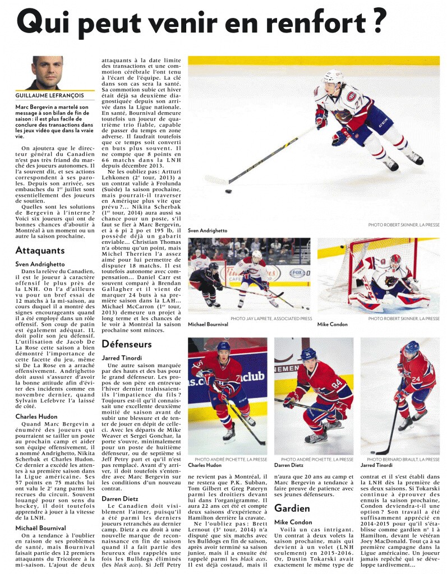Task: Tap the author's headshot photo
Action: click(47, 72)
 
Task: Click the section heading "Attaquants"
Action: click(40, 250)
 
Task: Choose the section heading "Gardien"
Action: click(292, 508)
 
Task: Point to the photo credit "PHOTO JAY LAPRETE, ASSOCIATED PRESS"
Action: click(271, 318)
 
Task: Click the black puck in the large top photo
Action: click(229, 191)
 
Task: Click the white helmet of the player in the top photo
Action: click(335, 76)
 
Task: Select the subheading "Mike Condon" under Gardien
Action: click(293, 522)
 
